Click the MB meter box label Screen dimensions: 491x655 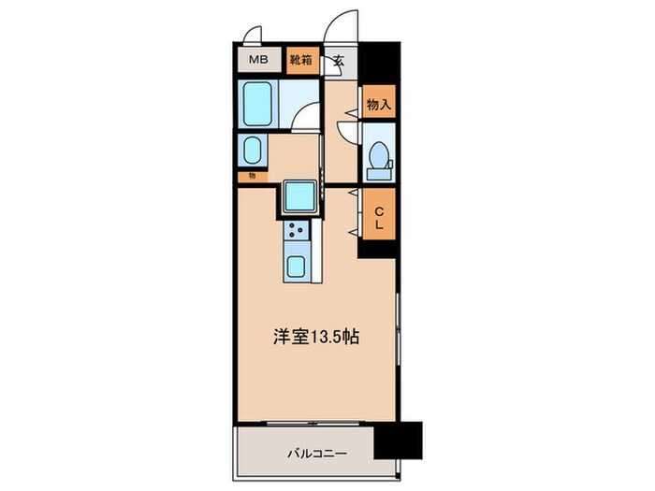pyautogui.click(x=257, y=61)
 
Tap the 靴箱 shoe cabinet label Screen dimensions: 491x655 pyautogui.click(x=301, y=61)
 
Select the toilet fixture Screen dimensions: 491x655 pyautogui.click(x=379, y=159)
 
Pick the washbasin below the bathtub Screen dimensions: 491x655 pyautogui.click(x=251, y=150)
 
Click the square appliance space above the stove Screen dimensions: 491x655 pyautogui.click(x=300, y=196)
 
